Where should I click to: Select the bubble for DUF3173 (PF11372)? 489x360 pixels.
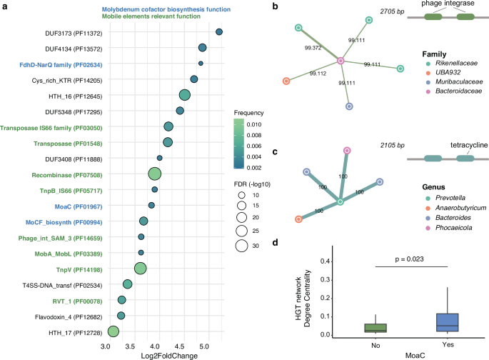(219, 32)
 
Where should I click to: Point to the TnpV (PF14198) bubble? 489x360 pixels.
(140, 268)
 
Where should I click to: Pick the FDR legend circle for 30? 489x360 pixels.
(242, 246)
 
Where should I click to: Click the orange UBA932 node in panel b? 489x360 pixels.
(286, 81)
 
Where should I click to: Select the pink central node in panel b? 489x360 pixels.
(341, 62)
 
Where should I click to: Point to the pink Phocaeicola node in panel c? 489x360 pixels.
(347, 151)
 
